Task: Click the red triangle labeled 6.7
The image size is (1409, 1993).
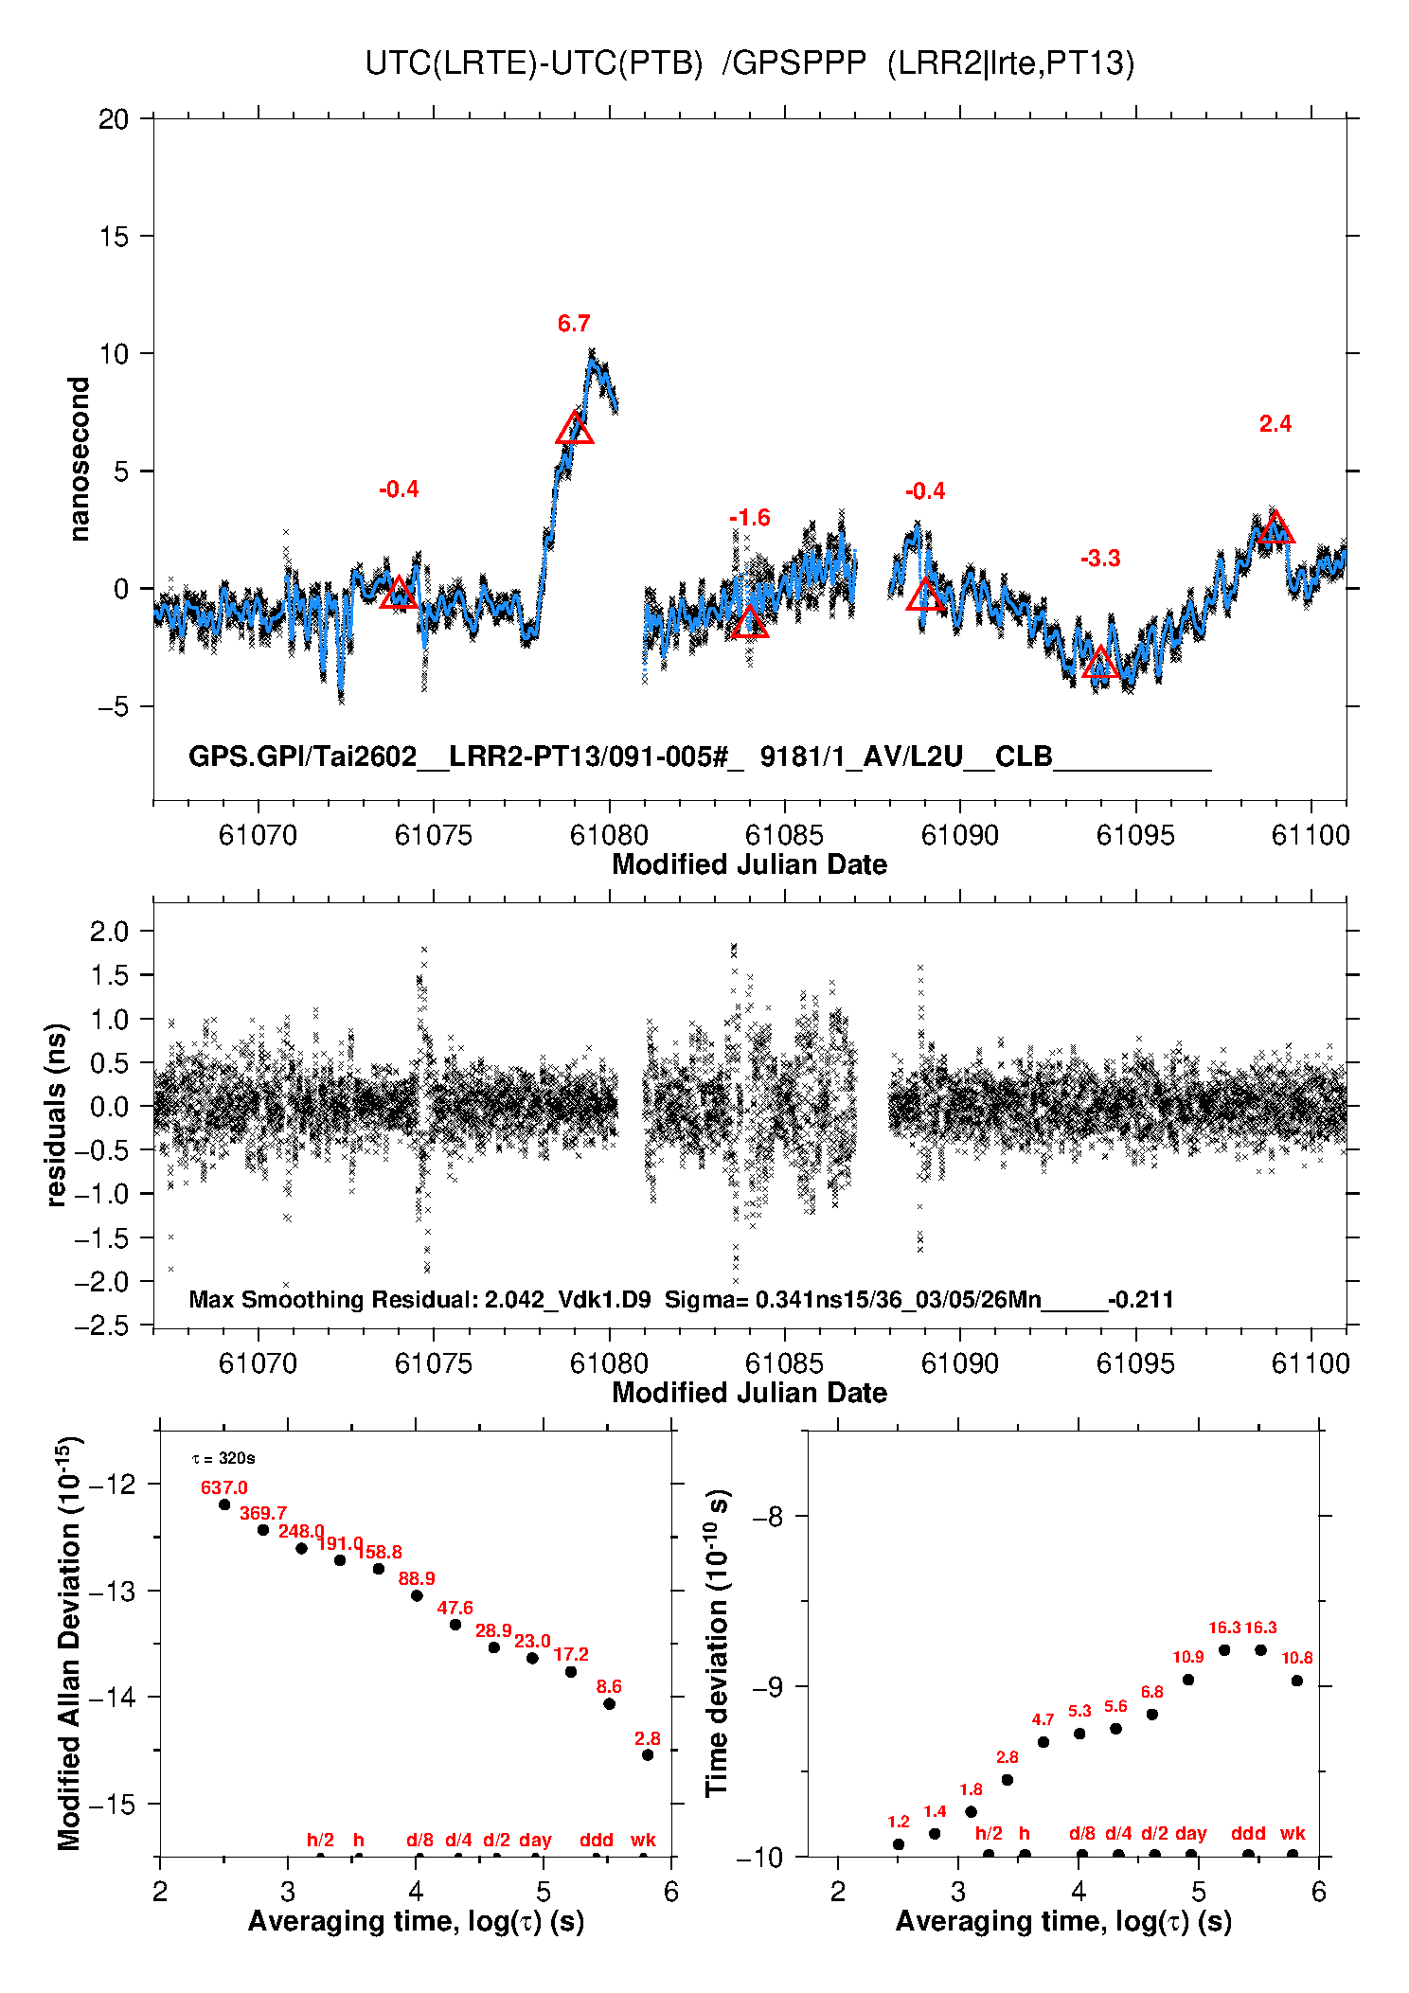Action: pos(575,429)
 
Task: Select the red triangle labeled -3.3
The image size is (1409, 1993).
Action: pos(1100,663)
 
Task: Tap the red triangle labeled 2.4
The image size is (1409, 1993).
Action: pos(1275,528)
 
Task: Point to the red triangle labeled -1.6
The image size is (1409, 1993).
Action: pos(749,623)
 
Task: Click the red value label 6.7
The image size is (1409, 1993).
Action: pos(574,324)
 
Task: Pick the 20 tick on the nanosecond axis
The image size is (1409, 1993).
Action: pos(114,119)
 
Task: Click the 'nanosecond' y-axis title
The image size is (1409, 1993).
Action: pos(80,459)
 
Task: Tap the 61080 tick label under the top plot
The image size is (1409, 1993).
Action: pos(609,835)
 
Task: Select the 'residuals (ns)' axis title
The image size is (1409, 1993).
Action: pos(57,1114)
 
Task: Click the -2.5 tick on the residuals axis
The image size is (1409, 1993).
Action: pos(101,1325)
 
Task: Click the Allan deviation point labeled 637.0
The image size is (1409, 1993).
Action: pos(224,1504)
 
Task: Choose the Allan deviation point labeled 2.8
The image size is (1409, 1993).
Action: pos(648,1754)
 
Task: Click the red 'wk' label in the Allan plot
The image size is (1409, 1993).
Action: pos(643,1840)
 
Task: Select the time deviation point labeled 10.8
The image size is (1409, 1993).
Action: pos(1297,1681)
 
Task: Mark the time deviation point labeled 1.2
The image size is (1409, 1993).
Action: pos(899,1843)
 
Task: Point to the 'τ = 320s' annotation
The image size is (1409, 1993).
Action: pos(223,1458)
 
